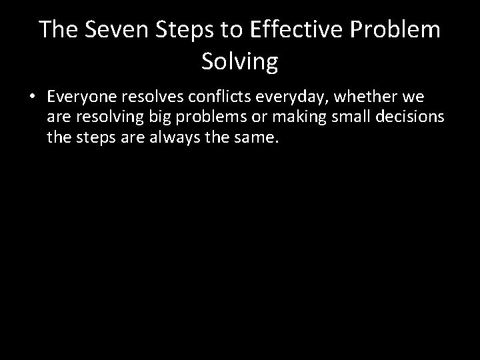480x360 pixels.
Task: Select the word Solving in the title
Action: pyautogui.click(x=239, y=62)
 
